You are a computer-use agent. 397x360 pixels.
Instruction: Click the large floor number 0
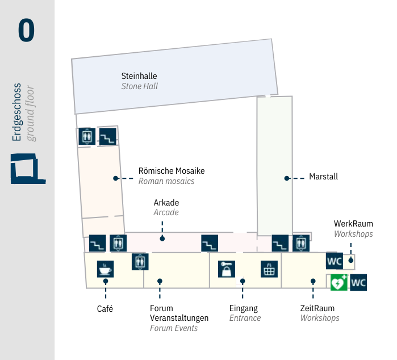pyautogui.click(x=27, y=31)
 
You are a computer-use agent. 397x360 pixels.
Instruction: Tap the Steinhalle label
pyautogui.click(x=139, y=76)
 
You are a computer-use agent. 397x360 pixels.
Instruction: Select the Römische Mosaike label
pyautogui.click(x=172, y=171)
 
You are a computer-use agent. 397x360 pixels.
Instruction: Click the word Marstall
pyautogui.click(x=323, y=177)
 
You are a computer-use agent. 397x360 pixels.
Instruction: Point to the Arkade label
pyautogui.click(x=166, y=203)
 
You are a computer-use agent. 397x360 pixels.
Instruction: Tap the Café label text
pyautogui.click(x=105, y=309)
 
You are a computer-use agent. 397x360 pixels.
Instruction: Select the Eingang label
pyautogui.click(x=243, y=308)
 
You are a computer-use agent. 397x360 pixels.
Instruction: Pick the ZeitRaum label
pyautogui.click(x=317, y=308)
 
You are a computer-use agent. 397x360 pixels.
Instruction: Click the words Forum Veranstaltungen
pyautogui.click(x=179, y=313)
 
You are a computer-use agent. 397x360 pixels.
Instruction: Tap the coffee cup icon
pyautogui.click(x=105, y=268)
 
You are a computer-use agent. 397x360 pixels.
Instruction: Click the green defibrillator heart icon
pyautogui.click(x=339, y=282)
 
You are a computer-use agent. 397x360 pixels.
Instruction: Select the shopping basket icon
pyautogui.click(x=269, y=269)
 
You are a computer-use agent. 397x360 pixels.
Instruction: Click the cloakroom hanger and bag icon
pyautogui.click(x=227, y=269)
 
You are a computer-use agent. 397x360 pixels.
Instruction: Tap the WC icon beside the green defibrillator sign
pyautogui.click(x=358, y=282)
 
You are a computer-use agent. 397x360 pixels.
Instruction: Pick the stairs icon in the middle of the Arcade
pyautogui.click(x=210, y=243)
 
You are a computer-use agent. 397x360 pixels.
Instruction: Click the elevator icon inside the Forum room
pyautogui.click(x=140, y=262)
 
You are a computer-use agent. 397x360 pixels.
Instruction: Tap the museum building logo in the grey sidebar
pyautogui.click(x=28, y=168)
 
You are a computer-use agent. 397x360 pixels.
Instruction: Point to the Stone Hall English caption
pyautogui.click(x=139, y=86)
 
